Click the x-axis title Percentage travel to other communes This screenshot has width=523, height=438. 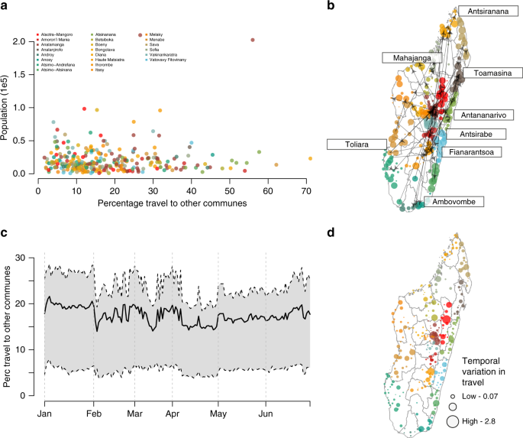(x=173, y=204)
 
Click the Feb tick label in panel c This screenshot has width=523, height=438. (x=93, y=411)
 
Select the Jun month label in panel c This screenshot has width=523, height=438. (x=266, y=411)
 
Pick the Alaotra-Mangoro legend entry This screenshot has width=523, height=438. (x=62, y=35)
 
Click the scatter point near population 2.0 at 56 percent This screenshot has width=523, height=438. (x=253, y=40)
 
